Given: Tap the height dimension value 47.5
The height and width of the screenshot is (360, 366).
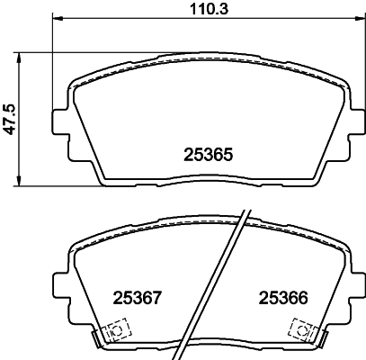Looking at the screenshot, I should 9,119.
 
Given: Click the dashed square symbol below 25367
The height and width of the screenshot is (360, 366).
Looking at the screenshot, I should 114,331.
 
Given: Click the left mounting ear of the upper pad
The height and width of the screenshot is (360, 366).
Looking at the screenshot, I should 62,121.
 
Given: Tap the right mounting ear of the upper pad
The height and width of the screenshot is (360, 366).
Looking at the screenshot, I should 347,121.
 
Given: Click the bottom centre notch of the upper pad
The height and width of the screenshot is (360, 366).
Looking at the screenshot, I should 204,185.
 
